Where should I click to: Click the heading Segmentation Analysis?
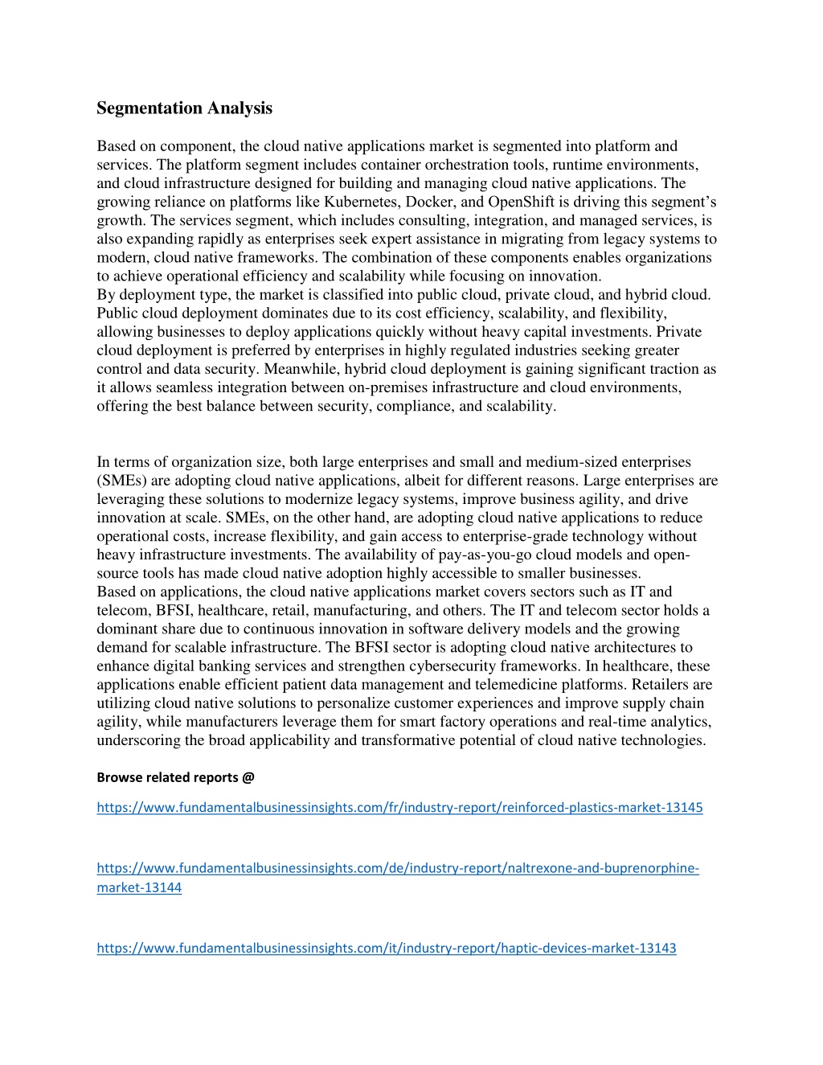click(x=184, y=108)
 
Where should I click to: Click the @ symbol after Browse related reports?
click(x=248, y=777)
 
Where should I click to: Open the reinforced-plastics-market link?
click(x=399, y=807)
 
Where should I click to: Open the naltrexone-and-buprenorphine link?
click(x=398, y=868)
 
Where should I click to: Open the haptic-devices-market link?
click(x=386, y=948)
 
